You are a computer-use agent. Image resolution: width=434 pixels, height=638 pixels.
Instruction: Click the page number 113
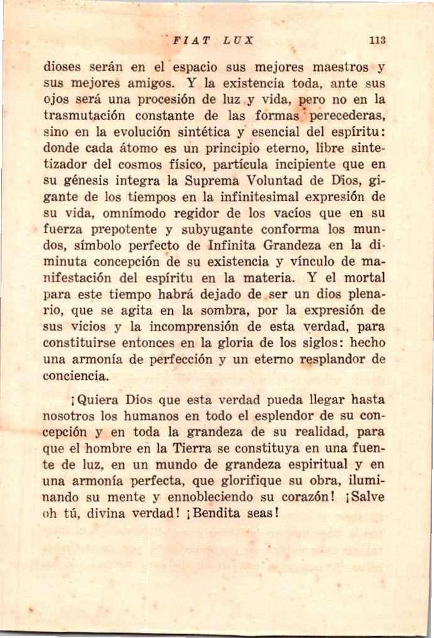377,40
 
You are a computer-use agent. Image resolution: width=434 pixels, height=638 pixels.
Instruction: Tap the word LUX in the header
238,40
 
